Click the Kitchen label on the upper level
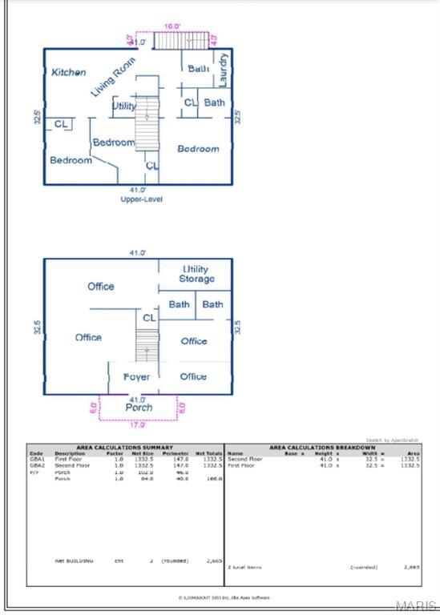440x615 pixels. (x=69, y=72)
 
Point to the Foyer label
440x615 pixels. (x=136, y=376)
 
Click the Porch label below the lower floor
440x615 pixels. (x=139, y=407)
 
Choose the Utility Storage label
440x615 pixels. (x=196, y=274)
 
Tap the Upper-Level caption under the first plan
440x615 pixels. (x=141, y=199)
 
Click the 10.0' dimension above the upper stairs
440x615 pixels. (x=172, y=26)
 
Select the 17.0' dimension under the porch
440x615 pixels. (x=138, y=424)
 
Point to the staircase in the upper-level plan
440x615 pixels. (x=146, y=128)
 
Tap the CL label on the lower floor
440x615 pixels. (x=149, y=318)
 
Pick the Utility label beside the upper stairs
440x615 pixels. (x=124, y=106)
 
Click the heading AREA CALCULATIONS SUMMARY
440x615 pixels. (x=124, y=447)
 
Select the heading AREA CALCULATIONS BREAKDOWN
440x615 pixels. (x=322, y=447)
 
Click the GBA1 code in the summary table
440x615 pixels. (x=37, y=459)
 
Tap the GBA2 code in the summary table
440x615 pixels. (x=37, y=464)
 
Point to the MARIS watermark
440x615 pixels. (x=422, y=606)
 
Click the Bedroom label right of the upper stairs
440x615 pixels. (x=198, y=149)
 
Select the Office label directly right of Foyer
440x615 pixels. (x=193, y=376)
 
